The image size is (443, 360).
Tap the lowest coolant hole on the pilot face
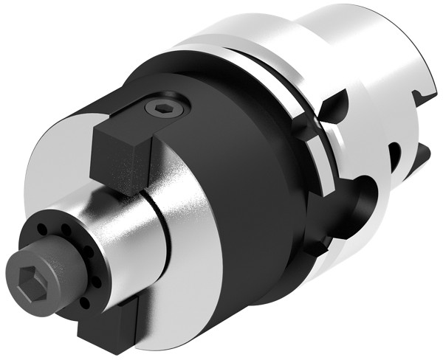(83, 303)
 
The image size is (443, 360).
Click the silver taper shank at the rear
(369, 59)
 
